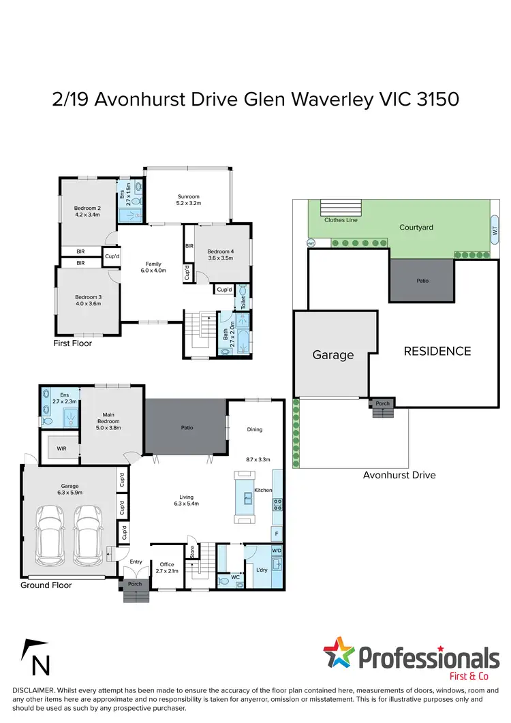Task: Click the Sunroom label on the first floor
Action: (189, 195)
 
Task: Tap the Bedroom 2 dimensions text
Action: (87, 215)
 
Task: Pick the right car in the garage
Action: (89, 531)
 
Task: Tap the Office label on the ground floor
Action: (167, 564)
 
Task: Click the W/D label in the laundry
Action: (276, 551)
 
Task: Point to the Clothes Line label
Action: (340, 220)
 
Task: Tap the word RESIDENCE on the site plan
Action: (437, 352)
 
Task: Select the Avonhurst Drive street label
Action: (399, 475)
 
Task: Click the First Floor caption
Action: (73, 343)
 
